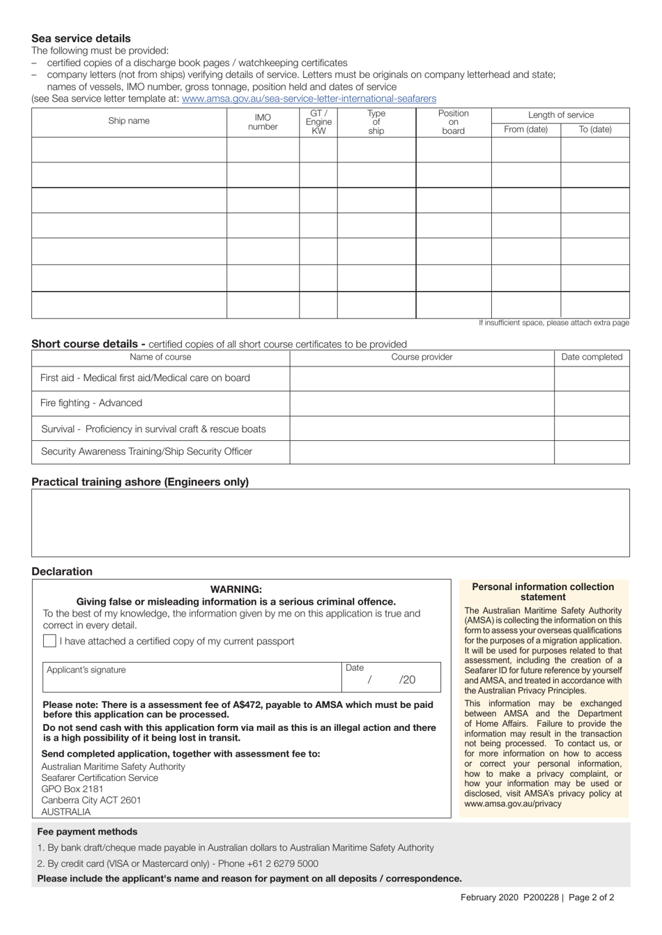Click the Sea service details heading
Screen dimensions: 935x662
point(81,38)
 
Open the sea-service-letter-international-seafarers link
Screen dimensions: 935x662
point(309,99)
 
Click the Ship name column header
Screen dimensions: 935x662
point(129,121)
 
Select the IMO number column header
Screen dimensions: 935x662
point(263,122)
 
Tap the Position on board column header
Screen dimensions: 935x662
point(453,122)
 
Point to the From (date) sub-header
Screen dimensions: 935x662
point(525,130)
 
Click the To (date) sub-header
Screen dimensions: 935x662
point(595,130)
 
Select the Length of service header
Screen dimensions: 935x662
point(560,115)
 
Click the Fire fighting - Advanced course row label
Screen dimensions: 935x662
point(91,403)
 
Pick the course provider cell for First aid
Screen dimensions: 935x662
point(422,378)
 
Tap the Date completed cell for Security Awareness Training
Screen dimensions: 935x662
point(592,451)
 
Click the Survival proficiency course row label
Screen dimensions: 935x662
point(153,428)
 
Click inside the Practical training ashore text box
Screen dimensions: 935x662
point(330,523)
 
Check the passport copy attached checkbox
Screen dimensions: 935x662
point(49,641)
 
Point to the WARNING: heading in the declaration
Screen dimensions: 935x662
point(236,589)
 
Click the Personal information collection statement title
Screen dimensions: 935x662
point(543,592)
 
